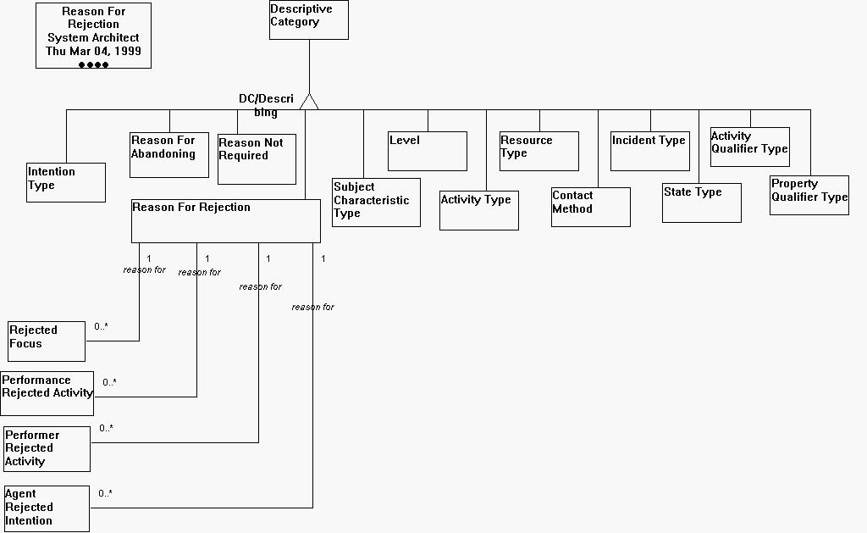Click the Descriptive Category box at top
[x=308, y=19]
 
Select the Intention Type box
[x=66, y=182]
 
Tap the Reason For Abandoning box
[x=169, y=154]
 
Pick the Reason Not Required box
[x=257, y=158]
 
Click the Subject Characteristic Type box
[x=376, y=202]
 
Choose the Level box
[x=428, y=151]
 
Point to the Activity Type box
[x=478, y=210]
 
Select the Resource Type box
[x=538, y=151]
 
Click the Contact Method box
[x=590, y=207]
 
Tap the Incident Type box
[x=649, y=150]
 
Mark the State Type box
[x=701, y=203]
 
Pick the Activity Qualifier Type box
[x=749, y=147]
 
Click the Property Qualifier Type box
[x=809, y=195]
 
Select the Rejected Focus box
[x=47, y=341]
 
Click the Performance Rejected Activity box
[x=47, y=393]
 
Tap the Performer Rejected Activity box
[x=47, y=448]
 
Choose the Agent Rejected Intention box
[x=47, y=508]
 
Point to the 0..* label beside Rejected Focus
[x=102, y=326]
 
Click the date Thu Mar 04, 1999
[x=93, y=51]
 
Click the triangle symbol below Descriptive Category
[x=310, y=102]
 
